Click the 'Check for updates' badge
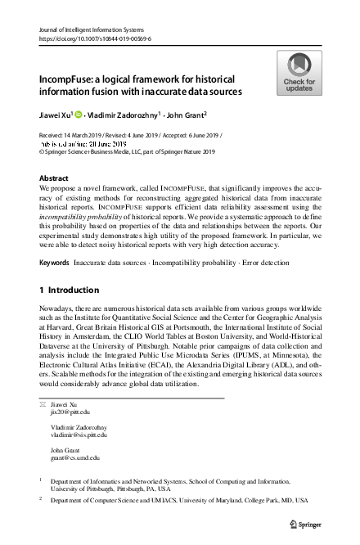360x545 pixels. coord(299,73)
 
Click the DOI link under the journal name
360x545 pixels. coord(95,38)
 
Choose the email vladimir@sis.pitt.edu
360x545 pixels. coord(79,436)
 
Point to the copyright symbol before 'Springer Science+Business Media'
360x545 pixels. coord(43,151)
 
